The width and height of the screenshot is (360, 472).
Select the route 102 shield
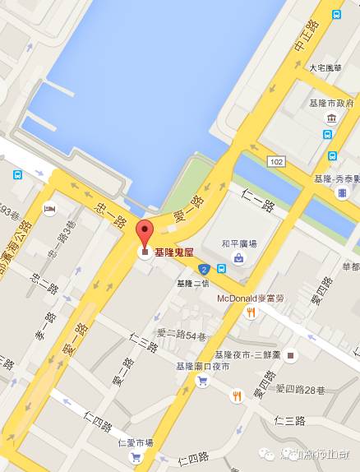(x=276, y=161)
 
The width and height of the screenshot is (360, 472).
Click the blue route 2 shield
(x=202, y=268)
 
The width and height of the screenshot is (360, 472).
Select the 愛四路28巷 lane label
(x=302, y=388)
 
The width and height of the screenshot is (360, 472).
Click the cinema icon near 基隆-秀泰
(x=341, y=192)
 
